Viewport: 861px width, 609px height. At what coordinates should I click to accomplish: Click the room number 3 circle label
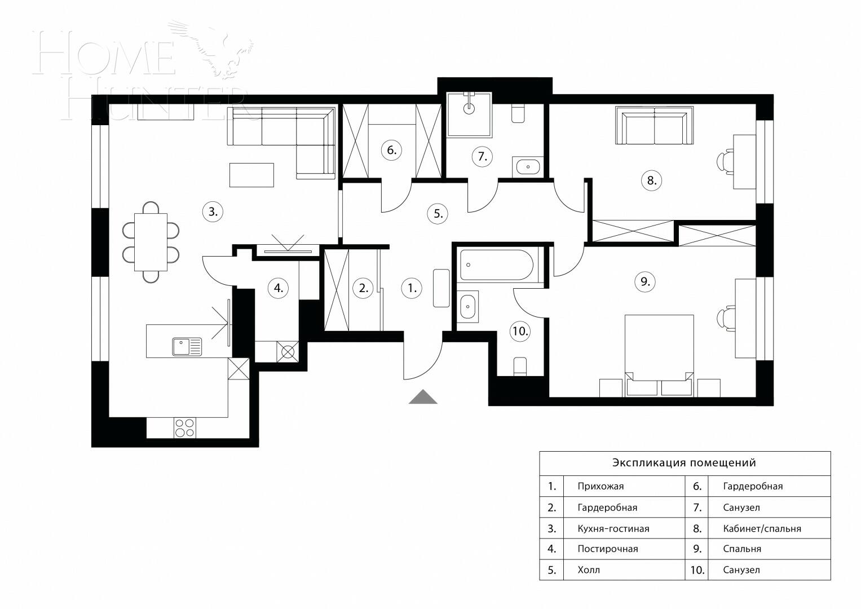(x=213, y=212)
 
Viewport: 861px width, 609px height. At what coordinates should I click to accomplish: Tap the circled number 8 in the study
(x=651, y=180)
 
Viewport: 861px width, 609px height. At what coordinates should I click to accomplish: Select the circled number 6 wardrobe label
(x=391, y=150)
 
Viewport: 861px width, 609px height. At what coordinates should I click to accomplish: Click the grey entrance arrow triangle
(x=423, y=398)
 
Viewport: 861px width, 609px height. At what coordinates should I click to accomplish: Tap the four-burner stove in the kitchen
(x=184, y=427)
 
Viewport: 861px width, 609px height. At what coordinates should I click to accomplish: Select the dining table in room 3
(x=151, y=242)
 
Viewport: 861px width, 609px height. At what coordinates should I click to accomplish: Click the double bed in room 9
(x=659, y=352)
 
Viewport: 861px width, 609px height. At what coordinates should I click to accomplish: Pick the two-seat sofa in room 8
(x=654, y=128)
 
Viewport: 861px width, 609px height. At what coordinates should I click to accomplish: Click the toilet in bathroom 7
(x=518, y=113)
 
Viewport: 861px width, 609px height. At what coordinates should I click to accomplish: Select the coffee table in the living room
(x=251, y=175)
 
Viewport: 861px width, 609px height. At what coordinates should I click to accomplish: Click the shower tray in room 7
(x=469, y=115)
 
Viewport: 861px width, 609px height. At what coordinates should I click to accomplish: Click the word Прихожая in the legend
(x=601, y=486)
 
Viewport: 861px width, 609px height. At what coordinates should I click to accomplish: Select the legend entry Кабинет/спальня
(x=762, y=529)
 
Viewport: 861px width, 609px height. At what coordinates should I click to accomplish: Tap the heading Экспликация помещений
(x=684, y=463)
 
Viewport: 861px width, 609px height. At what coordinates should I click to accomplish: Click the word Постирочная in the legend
(x=607, y=549)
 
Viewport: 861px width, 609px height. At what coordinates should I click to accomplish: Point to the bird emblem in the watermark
(x=223, y=48)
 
